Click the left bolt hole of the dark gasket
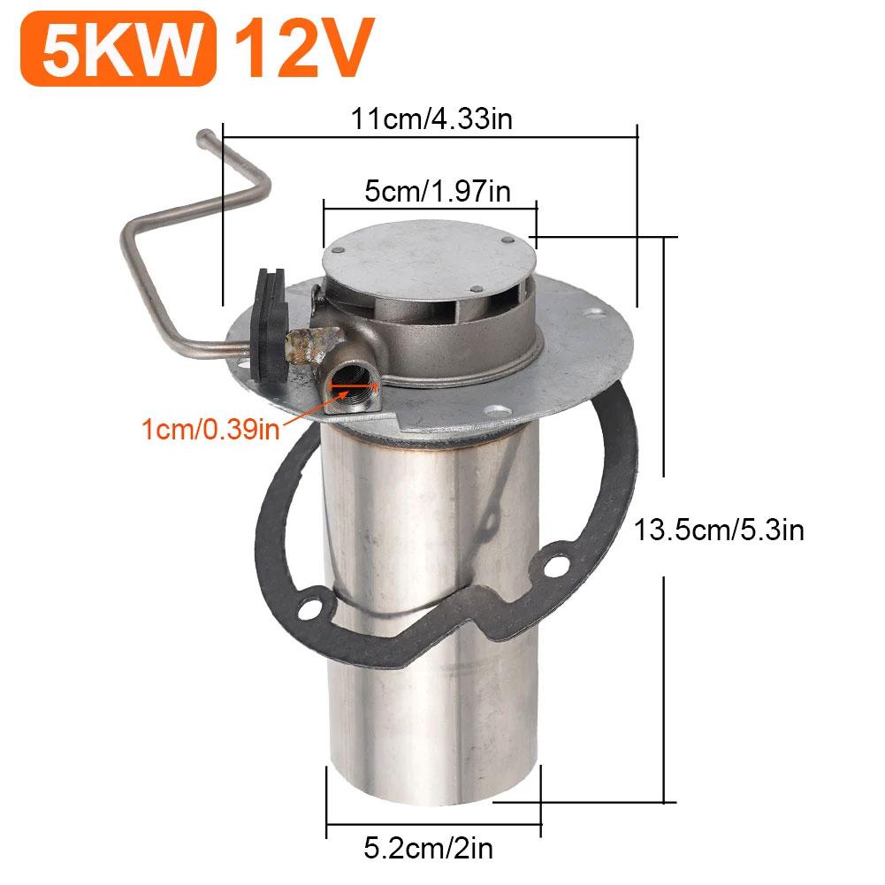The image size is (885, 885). pos(309,608)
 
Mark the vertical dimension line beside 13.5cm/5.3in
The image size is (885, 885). pos(663,371)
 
